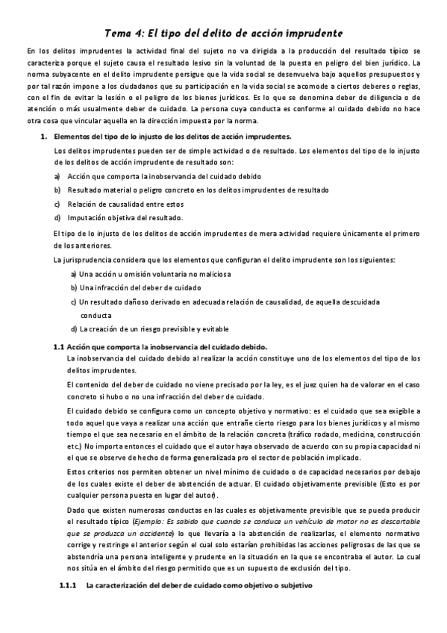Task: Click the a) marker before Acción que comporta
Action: click(57, 176)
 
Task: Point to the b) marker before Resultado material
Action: click(57, 190)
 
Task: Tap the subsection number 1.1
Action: click(60, 347)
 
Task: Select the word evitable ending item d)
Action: click(215, 329)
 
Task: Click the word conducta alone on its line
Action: click(96, 315)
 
